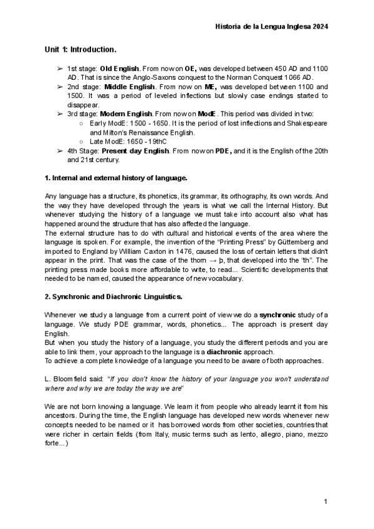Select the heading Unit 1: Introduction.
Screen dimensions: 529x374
point(80,49)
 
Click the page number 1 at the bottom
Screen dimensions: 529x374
point(326,502)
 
